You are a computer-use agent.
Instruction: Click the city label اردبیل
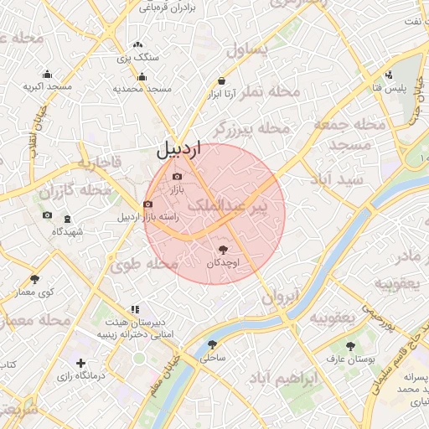coord(179,151)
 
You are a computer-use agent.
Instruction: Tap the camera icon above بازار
coord(177,176)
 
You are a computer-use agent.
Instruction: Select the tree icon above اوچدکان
coord(223,249)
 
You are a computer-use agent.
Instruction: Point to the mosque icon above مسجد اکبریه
coord(47,74)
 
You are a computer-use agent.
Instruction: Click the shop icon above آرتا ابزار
coord(221,81)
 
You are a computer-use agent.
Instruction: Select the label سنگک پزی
coord(137,58)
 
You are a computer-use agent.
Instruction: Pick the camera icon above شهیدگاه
coord(47,216)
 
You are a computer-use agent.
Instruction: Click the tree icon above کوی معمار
coord(34,279)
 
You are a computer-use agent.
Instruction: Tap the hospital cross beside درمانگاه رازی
coord(80,363)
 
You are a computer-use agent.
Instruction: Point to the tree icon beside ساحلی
coord(211,344)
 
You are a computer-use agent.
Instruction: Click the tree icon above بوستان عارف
coord(350,345)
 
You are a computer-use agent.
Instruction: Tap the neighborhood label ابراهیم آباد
coord(283,379)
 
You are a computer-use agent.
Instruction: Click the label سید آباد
coord(337,179)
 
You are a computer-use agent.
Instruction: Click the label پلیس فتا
coord(390,86)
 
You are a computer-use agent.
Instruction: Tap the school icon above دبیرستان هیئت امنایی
coord(135,310)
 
